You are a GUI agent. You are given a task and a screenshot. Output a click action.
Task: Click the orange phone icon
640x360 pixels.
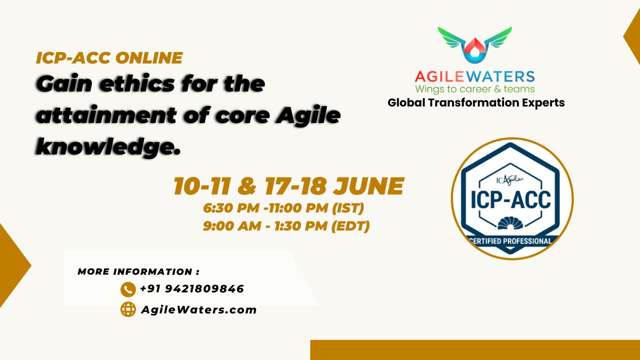128,289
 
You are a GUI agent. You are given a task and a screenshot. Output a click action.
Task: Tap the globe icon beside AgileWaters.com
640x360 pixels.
128,309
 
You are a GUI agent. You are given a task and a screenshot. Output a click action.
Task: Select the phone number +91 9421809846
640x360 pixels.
192,289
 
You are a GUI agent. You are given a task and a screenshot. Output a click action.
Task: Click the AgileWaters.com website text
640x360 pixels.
199,309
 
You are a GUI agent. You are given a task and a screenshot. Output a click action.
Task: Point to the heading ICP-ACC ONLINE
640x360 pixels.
109,57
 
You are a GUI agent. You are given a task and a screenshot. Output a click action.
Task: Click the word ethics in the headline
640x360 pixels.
137,84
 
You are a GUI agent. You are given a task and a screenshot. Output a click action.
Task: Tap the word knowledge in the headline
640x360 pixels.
108,147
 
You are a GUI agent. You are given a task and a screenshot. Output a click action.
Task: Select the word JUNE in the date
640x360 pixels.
368,186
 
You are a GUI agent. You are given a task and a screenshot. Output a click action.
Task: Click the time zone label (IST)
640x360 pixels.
348,207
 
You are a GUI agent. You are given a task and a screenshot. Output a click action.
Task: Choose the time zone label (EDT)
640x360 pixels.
350,226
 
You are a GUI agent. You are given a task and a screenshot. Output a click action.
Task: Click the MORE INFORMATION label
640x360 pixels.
138,271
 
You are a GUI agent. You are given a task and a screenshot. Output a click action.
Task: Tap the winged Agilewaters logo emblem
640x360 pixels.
475,45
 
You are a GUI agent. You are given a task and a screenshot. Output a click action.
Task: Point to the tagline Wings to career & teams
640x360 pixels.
475,89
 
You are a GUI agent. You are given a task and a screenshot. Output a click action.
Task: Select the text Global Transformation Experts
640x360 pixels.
476,103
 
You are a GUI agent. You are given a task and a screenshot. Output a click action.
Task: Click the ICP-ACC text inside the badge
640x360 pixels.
511,200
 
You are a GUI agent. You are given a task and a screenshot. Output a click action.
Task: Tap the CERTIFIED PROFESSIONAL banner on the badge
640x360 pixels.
510,241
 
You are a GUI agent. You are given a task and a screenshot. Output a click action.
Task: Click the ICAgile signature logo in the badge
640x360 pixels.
509,180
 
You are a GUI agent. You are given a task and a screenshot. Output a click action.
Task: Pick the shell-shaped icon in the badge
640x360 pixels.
510,223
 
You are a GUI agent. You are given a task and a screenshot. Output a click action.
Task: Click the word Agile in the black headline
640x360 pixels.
308,116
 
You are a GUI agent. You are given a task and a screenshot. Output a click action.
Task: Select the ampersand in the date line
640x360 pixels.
247,186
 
